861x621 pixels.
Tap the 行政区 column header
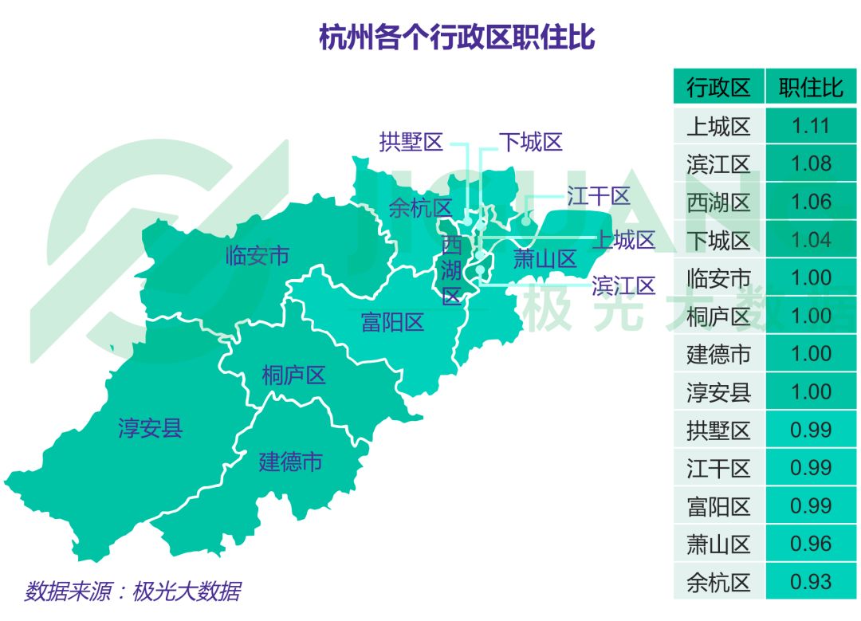[x=718, y=87]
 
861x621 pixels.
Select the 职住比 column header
[x=811, y=87]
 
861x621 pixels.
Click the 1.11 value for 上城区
[x=811, y=126]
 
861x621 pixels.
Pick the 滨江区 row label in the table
[x=718, y=164]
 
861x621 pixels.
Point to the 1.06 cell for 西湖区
[x=811, y=202]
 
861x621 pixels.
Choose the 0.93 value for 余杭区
[x=811, y=582]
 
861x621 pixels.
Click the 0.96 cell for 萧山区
[x=811, y=544]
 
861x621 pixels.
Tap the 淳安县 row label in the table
[x=718, y=392]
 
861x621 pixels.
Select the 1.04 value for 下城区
[x=811, y=240]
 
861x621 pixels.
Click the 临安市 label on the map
[x=257, y=256]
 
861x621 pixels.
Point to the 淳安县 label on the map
[x=151, y=428]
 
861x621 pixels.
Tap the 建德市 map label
[x=290, y=462]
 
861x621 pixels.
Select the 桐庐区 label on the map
[x=294, y=375]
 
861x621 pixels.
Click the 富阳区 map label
[x=392, y=323]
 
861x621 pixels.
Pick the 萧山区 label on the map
[x=544, y=259]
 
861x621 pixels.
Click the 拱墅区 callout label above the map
[x=411, y=143]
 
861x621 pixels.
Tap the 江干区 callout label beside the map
[x=598, y=196]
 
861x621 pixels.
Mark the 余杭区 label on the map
[x=420, y=208]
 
